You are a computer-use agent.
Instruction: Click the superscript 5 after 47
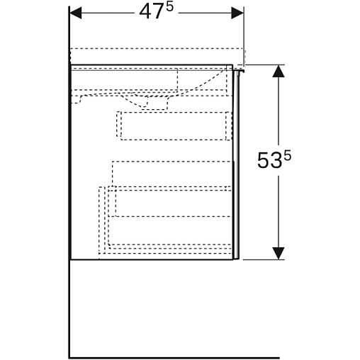click(169, 7)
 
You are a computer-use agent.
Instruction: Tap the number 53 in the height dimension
click(270, 161)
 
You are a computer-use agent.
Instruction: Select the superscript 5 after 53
click(288, 156)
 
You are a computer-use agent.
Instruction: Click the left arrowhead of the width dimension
click(76, 13)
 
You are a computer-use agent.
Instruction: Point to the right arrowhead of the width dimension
click(237, 13)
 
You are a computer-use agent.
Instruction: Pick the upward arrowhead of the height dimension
click(279, 71)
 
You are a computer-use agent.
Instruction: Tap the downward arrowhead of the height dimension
click(279, 253)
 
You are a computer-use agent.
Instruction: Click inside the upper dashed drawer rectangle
click(174, 126)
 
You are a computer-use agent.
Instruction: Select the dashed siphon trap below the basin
click(147, 102)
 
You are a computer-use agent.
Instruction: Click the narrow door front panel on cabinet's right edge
click(237, 164)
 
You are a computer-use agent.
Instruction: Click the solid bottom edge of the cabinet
click(152, 259)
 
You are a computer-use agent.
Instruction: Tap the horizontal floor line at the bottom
click(174, 358)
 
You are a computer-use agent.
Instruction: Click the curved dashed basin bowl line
click(200, 83)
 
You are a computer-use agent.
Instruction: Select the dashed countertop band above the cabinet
click(157, 56)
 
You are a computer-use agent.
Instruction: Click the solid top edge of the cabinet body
click(152, 64)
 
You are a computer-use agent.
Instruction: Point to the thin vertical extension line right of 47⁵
click(244, 35)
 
